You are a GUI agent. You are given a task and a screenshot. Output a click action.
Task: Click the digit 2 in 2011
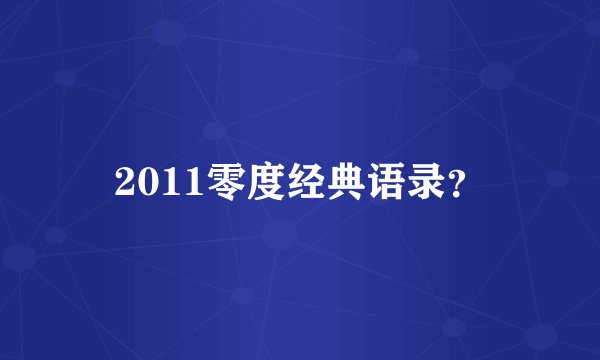(x=124, y=181)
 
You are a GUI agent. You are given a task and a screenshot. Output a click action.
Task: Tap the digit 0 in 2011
(x=146, y=181)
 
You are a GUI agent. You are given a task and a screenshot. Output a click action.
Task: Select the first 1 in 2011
(x=168, y=181)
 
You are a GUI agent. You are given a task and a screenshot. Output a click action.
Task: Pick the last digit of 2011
(x=189, y=181)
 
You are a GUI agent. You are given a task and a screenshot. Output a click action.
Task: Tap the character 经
(x=301, y=180)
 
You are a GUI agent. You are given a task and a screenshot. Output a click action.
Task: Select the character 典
(x=342, y=180)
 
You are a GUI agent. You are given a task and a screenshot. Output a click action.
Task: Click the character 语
(x=383, y=180)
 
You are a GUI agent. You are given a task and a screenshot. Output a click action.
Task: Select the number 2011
(x=156, y=181)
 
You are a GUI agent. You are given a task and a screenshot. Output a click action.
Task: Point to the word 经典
(x=321, y=180)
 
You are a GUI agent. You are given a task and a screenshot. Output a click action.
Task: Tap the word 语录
(x=403, y=180)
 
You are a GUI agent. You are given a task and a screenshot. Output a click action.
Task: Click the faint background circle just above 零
(x=213, y=130)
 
